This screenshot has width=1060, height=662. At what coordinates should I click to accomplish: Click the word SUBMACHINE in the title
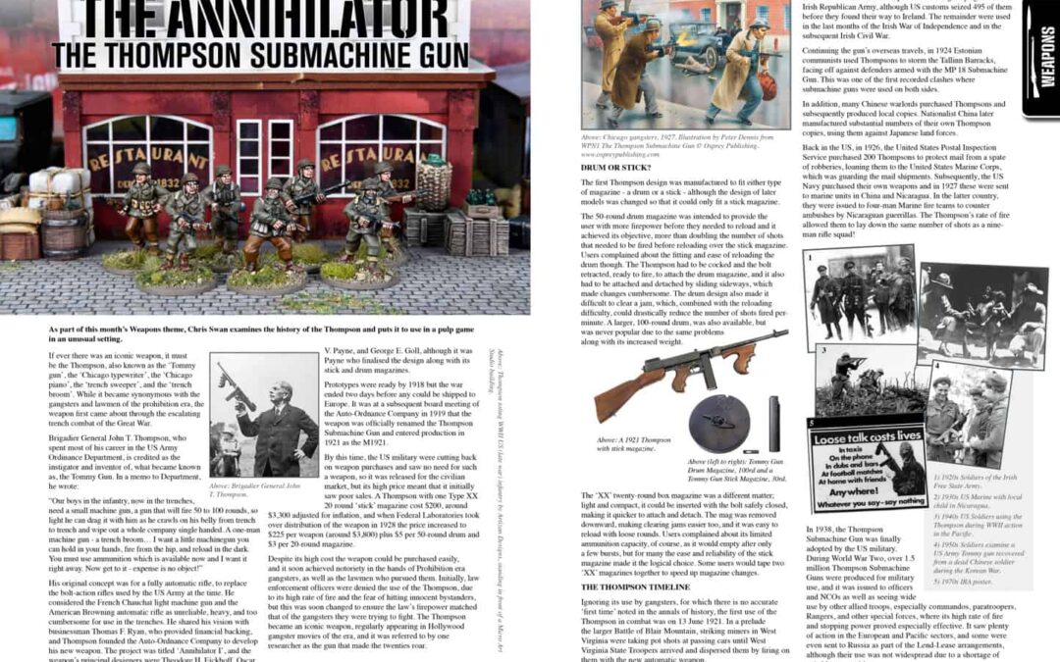pyautogui.click(x=324, y=54)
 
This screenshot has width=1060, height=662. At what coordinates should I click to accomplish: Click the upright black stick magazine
pyautogui.click(x=775, y=423)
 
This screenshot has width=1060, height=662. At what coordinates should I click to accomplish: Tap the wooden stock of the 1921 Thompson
pyautogui.click(x=638, y=380)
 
